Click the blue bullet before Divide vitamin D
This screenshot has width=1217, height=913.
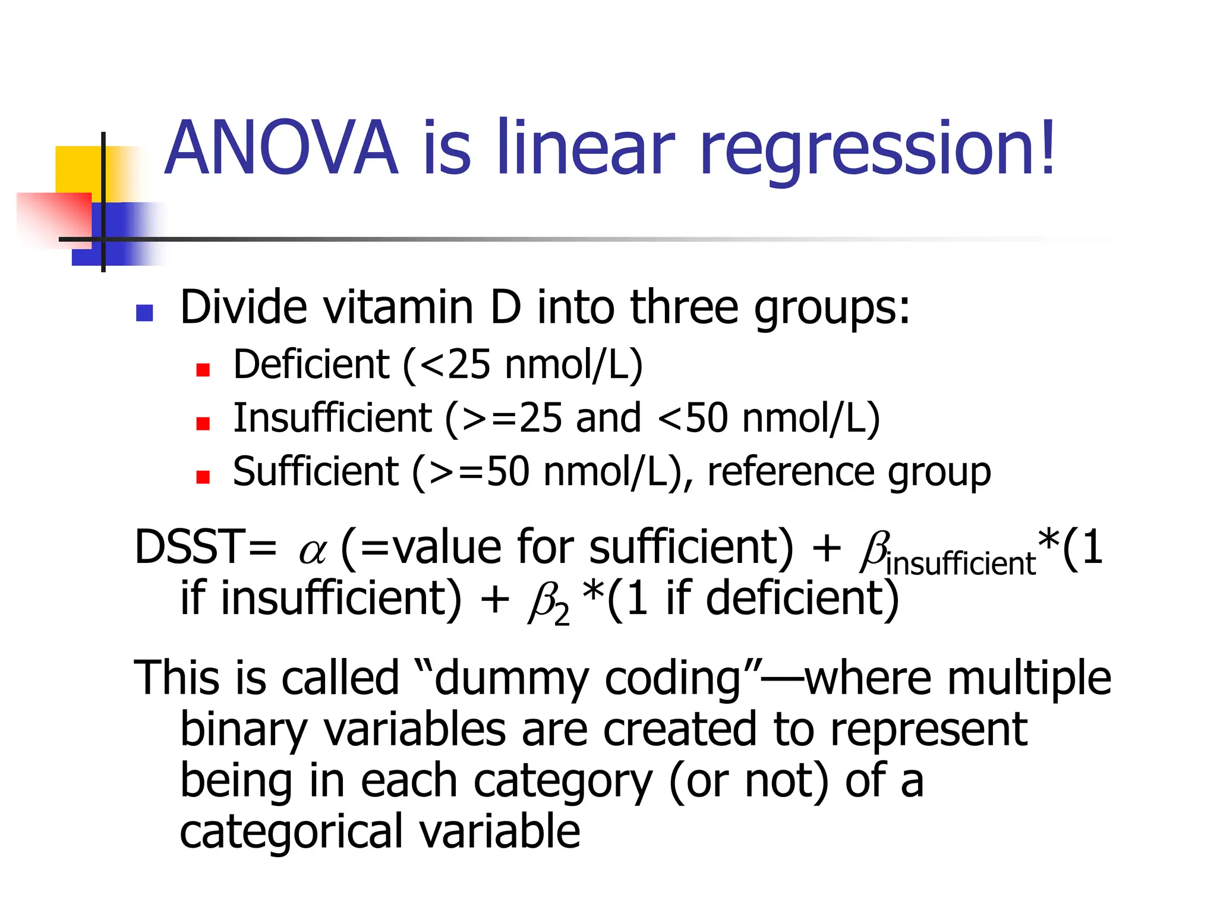point(144,313)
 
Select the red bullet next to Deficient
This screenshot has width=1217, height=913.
point(203,370)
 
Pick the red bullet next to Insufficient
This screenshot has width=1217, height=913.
point(203,423)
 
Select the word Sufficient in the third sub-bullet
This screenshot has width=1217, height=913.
point(316,471)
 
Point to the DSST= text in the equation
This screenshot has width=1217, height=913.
point(205,547)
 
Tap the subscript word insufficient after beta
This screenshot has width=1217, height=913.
point(960,563)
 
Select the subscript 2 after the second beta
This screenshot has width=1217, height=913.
point(562,615)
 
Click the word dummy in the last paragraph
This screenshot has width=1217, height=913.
point(511,678)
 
